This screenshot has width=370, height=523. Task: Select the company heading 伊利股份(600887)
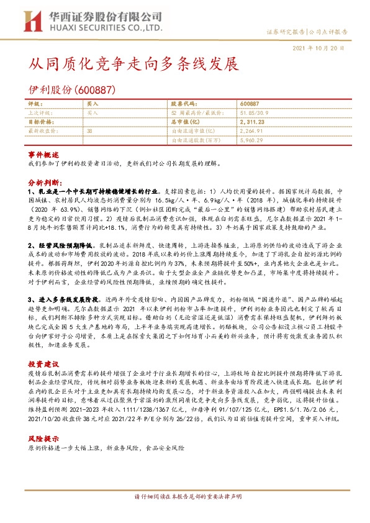[70, 89]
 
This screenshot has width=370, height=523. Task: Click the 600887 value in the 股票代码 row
[249, 104]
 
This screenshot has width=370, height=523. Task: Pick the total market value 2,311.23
[251, 122]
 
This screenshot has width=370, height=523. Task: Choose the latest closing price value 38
[90, 132]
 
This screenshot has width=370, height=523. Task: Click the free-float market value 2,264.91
[251, 132]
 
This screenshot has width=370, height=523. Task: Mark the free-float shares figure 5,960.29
[251, 141]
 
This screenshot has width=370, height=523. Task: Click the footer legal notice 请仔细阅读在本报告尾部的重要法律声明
[184, 514]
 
